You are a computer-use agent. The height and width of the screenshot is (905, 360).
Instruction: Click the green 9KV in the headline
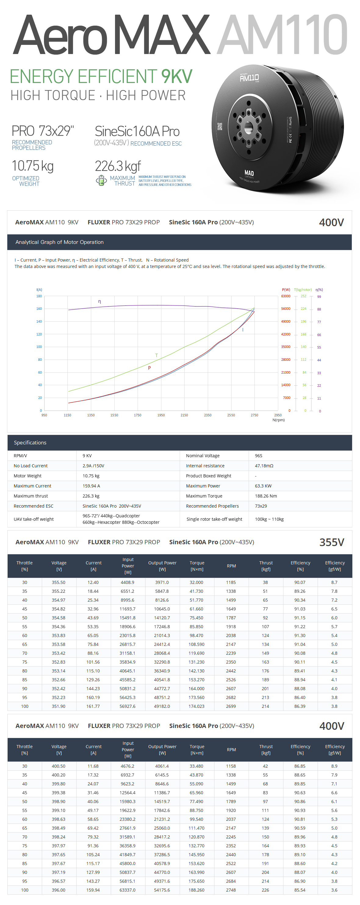(176, 77)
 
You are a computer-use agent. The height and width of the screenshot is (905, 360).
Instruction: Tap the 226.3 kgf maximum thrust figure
(118, 166)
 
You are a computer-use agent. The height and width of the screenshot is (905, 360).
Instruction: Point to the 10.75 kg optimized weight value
(33, 166)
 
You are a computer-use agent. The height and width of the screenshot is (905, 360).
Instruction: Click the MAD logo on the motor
(249, 173)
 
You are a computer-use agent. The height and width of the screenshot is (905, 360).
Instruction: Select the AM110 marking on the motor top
(249, 77)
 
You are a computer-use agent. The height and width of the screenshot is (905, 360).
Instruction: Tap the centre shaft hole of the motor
(249, 126)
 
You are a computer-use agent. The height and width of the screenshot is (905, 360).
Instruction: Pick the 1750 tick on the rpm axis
(137, 415)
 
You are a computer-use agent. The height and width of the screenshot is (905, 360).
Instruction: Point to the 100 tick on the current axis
(39, 347)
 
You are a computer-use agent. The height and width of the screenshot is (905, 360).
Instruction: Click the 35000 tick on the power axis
(286, 347)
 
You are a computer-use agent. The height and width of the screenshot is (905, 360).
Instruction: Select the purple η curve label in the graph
(100, 302)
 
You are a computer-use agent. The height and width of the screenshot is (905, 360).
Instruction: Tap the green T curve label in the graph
(156, 355)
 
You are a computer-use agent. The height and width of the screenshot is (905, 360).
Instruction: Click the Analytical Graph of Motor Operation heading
(59, 242)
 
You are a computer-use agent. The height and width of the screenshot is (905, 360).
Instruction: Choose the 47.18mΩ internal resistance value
(264, 465)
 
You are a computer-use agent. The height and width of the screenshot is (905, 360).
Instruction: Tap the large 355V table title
(331, 542)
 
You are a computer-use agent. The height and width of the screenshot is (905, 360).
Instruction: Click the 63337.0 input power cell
(127, 890)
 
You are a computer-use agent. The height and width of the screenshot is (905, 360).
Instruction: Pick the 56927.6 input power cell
(127, 706)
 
